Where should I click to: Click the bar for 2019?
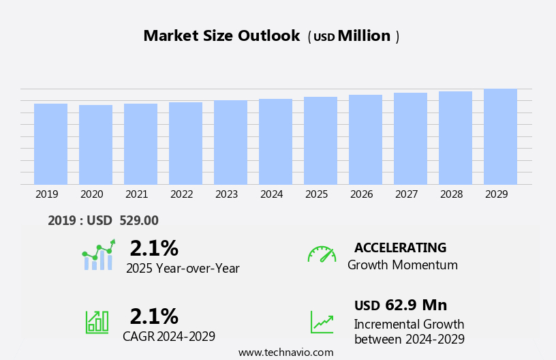tap(50, 144)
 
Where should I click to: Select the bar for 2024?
tap(275, 142)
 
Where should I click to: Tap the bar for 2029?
tap(500, 136)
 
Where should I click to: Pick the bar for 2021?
tap(140, 144)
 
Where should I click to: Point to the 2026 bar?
tap(365, 140)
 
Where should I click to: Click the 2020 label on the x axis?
tap(91, 194)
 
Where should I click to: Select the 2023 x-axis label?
tap(226, 194)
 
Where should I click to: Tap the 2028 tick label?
tap(451, 194)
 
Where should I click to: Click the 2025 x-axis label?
tap(316, 194)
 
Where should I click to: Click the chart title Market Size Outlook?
tap(221, 36)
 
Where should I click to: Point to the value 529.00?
tap(139, 220)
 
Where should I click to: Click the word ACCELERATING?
tap(400, 248)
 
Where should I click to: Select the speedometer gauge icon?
tap(322, 254)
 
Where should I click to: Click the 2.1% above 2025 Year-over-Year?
tap(154, 248)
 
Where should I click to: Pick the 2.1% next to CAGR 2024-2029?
tap(154, 316)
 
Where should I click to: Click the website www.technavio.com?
tap(285, 352)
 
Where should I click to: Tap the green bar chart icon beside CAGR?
tap(97, 321)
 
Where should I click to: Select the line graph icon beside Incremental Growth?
tap(322, 322)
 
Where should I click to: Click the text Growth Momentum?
tap(402, 265)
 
